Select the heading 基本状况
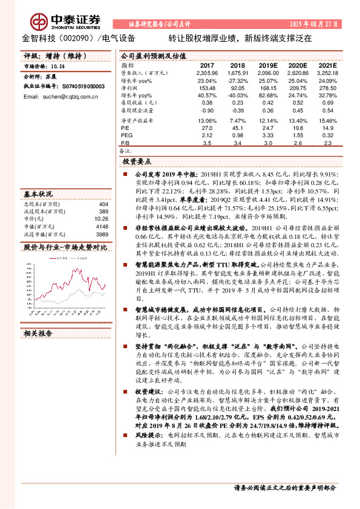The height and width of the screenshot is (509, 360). point(38,194)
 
